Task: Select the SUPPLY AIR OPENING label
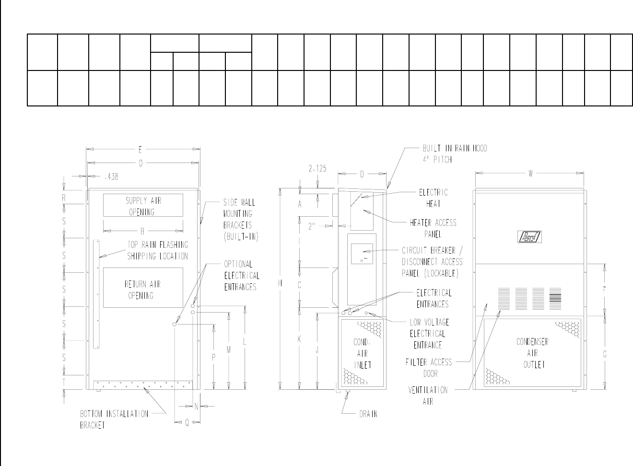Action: coord(143,206)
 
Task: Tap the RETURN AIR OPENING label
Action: coord(142,290)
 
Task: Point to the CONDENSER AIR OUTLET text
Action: coord(533,353)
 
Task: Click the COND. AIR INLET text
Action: coord(362,353)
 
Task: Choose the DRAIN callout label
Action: coord(368,414)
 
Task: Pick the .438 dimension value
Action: coord(111,176)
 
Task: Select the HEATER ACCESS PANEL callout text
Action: coord(433,228)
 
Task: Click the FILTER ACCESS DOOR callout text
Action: coord(429,368)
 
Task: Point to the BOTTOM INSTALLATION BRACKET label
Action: coord(114,419)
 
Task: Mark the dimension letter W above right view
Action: coord(531,174)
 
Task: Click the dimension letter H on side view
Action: coord(281,283)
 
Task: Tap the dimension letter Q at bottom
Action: coord(187,423)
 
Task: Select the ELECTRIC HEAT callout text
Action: coord(433,198)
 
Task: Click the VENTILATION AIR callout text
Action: coord(428,396)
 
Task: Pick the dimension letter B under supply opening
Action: coord(142,231)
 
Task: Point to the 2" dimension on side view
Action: coord(312,226)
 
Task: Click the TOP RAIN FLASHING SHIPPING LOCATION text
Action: coord(157,250)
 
